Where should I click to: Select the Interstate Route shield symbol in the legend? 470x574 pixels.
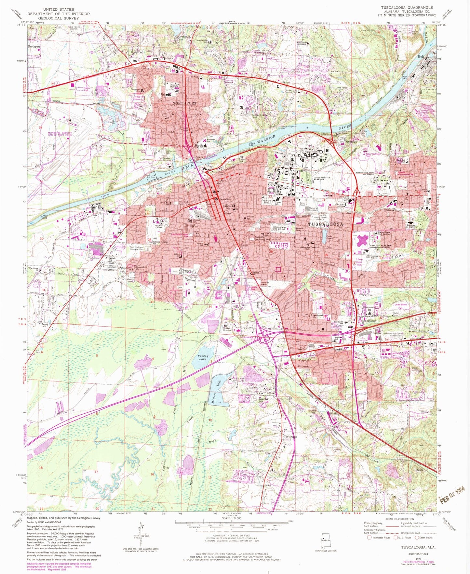pos(369,538)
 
